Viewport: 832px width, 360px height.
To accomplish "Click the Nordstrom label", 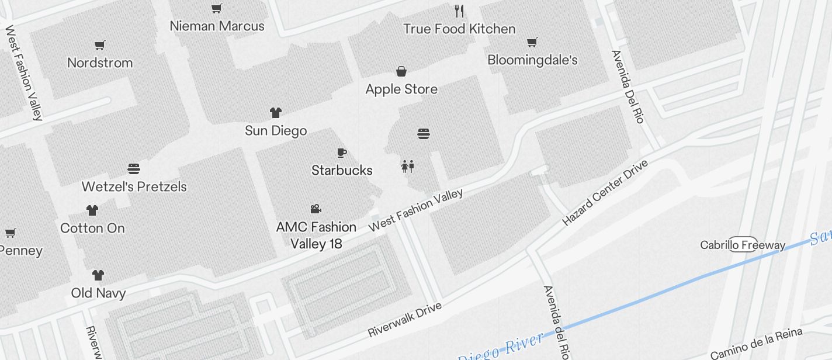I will pos(100,63).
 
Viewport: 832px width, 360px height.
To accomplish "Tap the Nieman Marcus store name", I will pos(217,26).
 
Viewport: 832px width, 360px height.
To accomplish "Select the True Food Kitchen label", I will pos(459,29).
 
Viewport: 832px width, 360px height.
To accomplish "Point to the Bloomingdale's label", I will pos(532,60).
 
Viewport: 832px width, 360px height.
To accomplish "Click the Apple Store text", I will pos(401,89).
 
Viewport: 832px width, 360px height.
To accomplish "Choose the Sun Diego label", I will pos(276,130).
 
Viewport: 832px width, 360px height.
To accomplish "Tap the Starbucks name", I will pos(342,170).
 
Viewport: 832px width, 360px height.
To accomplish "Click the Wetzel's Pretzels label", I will pos(134,186).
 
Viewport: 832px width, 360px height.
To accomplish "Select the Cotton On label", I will pos(92,228).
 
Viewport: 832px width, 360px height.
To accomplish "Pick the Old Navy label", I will pos(98,293).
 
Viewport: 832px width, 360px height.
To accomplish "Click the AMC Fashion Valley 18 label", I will pos(316,235).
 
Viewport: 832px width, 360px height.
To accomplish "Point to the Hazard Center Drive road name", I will pos(605,193).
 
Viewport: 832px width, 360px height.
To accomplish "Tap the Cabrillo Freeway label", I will pos(743,245).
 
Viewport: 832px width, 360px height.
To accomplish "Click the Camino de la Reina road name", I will pos(757,344).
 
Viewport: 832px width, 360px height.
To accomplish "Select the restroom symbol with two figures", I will pos(408,167).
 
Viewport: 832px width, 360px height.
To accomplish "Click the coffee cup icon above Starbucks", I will pos(342,153).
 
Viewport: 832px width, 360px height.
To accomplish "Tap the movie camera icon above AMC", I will pos(316,209).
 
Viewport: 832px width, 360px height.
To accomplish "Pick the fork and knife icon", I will pos(459,11).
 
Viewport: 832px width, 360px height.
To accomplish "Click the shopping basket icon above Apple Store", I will pos(401,72).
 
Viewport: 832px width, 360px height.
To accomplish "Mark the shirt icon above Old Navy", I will pos(98,275).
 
